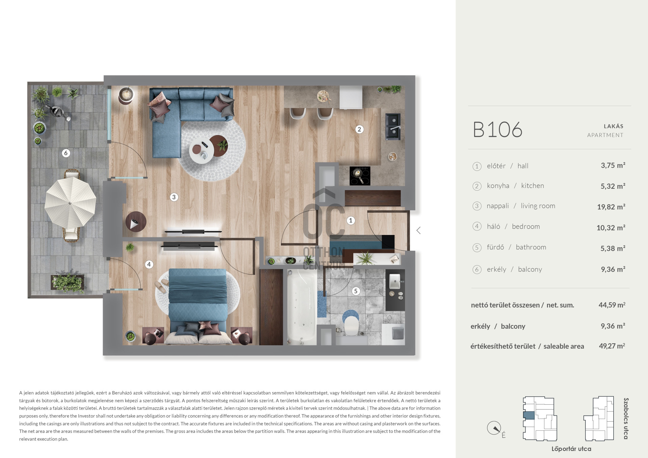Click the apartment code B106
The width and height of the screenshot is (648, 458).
497,130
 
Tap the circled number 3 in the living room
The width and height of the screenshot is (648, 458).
174,197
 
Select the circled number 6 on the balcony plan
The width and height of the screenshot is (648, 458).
66,153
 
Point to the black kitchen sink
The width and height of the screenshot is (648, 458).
393,127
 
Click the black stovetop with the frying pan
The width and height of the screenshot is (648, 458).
360,176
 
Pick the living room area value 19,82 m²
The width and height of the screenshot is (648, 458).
611,207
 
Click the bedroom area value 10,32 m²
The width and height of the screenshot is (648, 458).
611,228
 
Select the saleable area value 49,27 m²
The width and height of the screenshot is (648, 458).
612,346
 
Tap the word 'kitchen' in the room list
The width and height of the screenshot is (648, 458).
532,186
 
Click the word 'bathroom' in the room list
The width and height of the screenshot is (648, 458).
531,247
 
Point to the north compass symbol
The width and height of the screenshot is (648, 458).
494,428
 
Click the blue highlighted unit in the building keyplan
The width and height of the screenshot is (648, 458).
529,415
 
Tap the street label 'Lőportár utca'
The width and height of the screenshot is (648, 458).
571,449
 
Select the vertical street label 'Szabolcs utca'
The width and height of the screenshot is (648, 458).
626,419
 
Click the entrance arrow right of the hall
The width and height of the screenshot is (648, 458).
418,231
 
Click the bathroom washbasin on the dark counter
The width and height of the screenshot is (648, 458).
395,281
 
